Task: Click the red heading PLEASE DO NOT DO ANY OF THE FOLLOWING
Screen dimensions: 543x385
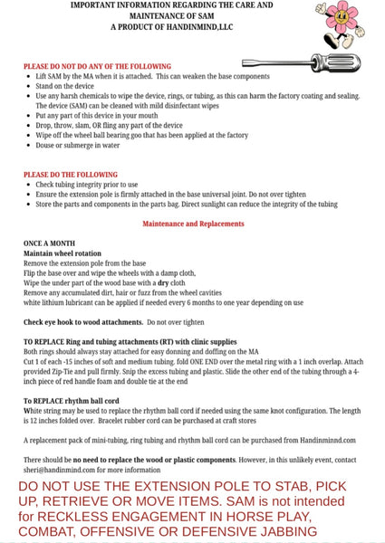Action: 97,67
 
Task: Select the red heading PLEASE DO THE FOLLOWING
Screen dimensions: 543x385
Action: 77,174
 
